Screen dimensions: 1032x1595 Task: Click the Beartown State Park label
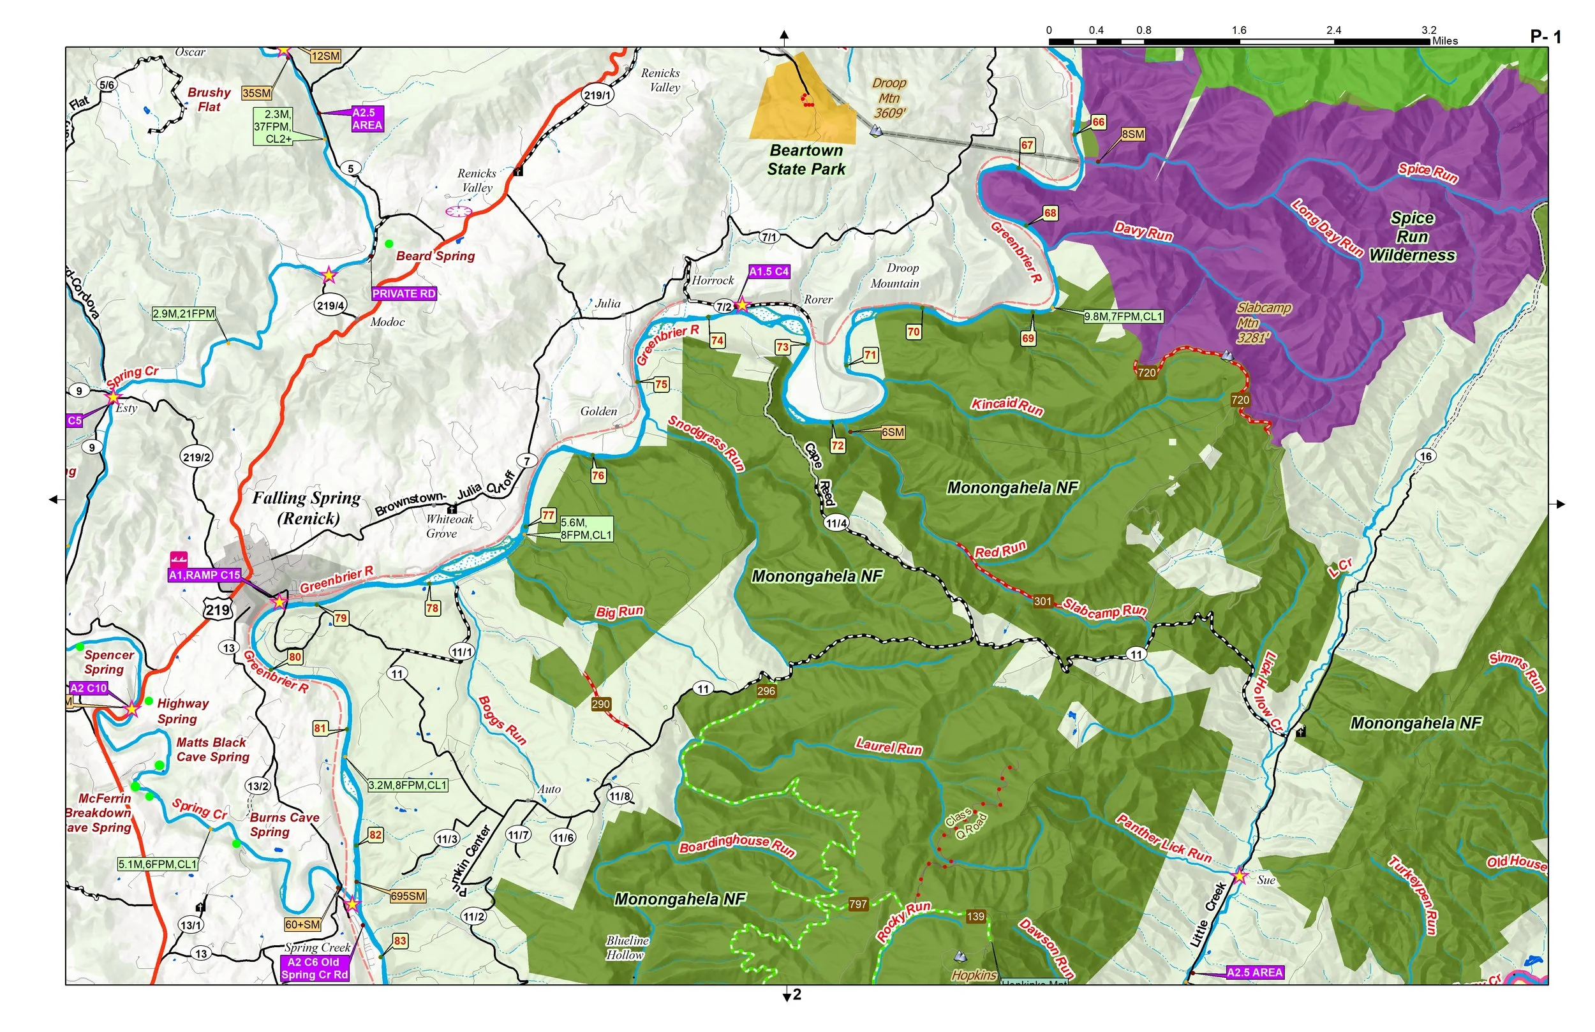pos(806,159)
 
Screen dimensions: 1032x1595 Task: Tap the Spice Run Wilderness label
pos(1412,237)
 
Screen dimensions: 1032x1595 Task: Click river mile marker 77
pos(548,515)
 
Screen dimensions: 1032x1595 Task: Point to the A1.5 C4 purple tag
pos(769,272)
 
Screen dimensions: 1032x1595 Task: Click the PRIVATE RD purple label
pos(403,293)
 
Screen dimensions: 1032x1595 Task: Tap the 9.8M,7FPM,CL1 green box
pos(1124,316)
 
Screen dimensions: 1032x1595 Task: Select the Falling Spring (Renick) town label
pos(307,507)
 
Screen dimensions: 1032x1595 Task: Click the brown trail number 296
pos(766,691)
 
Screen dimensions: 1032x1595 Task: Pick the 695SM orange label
pos(408,896)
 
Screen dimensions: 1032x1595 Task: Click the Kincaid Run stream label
pos(1007,406)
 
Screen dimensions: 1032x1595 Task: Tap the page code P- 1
pos(1545,37)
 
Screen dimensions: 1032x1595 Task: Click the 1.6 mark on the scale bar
pos(1238,30)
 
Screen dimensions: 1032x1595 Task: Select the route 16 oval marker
pos(1425,456)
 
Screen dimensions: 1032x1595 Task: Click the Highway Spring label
pos(182,711)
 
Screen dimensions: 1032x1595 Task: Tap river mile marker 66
pos(1098,122)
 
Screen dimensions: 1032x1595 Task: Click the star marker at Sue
pos(1239,876)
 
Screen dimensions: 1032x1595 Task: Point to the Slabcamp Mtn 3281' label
pos(1263,323)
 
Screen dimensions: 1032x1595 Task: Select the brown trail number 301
pos(1042,601)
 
